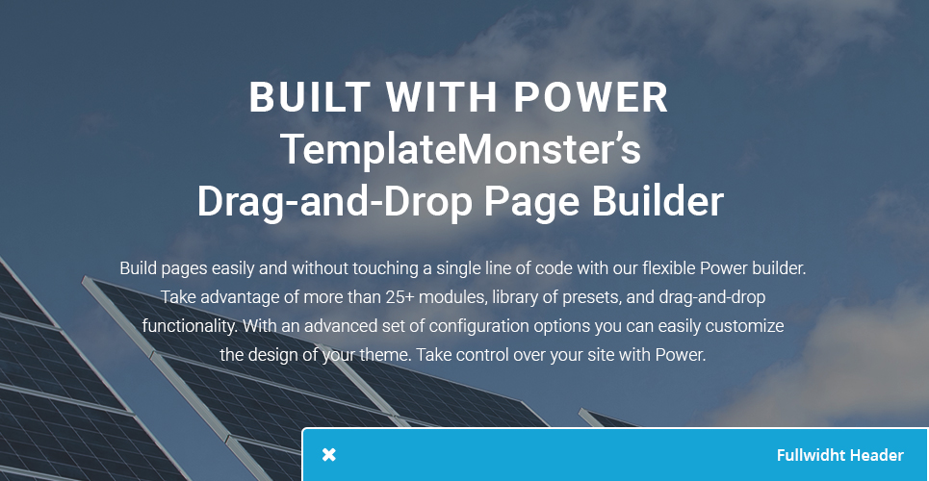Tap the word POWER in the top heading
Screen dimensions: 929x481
(591, 97)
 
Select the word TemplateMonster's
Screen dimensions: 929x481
(460, 149)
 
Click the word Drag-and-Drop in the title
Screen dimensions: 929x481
(335, 202)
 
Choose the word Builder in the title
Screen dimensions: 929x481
(658, 202)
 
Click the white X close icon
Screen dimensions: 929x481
(329, 455)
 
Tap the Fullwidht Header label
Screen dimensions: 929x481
(840, 455)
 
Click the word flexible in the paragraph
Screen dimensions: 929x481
(669, 267)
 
